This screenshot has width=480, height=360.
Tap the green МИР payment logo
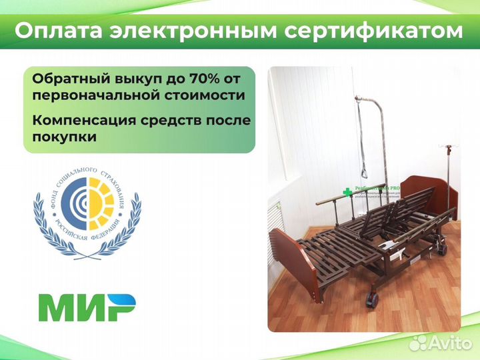(x=87, y=307)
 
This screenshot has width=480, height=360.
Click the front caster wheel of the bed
(x=370, y=301)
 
